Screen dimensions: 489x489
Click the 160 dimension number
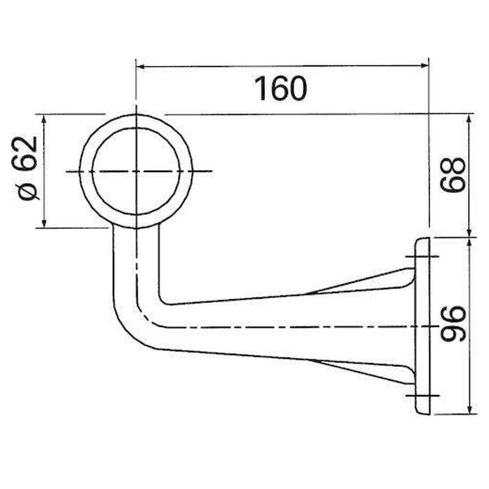[x=281, y=89]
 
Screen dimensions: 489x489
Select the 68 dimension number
[x=452, y=175]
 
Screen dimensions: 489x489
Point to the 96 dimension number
[x=452, y=323]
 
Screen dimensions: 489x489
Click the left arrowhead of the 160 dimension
[x=141, y=67]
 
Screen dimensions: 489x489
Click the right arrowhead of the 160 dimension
[x=424, y=66]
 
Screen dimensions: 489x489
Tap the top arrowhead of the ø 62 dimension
[x=44, y=119]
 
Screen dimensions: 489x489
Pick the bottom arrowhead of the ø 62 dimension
[x=44, y=223]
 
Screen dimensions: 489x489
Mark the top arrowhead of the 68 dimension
[x=469, y=119]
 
